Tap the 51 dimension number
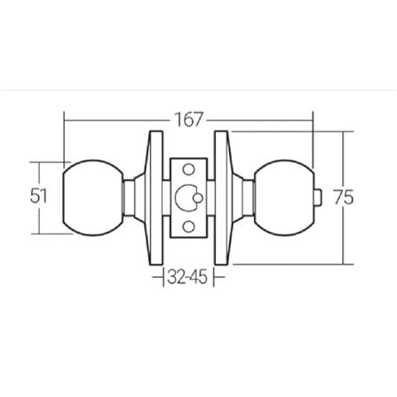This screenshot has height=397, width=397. pos(38,196)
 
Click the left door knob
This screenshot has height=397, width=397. pos(91,197)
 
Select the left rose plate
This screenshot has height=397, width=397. pos(155,197)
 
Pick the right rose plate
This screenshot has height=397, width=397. pos(221,197)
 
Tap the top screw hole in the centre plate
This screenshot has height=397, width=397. pos(187,169)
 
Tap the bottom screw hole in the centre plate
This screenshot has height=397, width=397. pos(187,227)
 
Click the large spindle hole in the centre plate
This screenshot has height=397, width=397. pos(187,198)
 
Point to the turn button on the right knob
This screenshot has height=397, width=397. pos(321,197)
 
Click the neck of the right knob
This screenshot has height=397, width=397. pos(242,197)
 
